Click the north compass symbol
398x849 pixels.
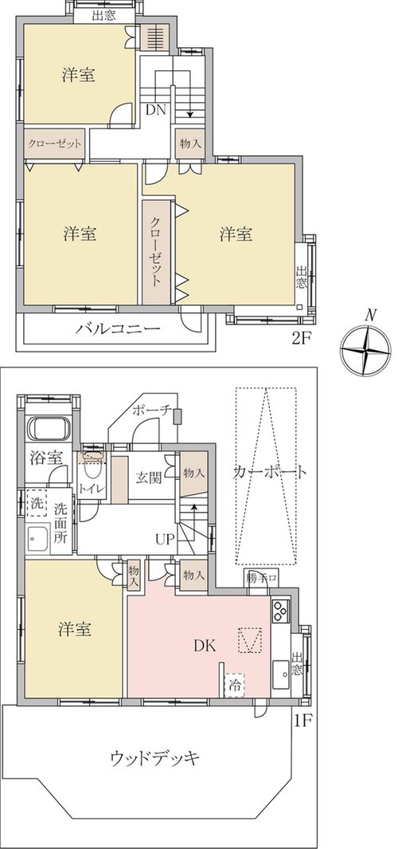click(x=365, y=349)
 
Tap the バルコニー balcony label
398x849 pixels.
click(x=118, y=329)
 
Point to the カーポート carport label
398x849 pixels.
click(x=271, y=472)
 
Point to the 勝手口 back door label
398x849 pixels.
click(x=262, y=576)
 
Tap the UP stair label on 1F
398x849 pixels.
click(x=166, y=539)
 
